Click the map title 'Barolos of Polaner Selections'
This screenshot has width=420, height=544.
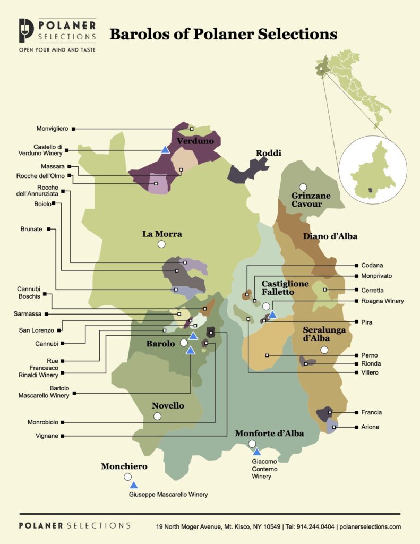click(223, 35)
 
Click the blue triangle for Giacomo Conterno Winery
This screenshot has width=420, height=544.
click(256, 452)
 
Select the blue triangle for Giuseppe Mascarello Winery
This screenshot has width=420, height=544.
click(134, 485)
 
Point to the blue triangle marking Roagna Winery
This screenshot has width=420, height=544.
click(272, 314)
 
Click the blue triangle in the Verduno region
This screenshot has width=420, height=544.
click(165, 150)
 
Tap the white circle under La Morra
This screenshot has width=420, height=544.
click(161, 244)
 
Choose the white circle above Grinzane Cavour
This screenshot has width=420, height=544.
click(303, 187)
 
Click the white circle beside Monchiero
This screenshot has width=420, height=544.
click(127, 477)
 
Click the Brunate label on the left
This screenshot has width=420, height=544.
click(32, 229)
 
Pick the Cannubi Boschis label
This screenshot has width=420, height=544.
click(29, 293)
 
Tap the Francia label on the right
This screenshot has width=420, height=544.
click(371, 412)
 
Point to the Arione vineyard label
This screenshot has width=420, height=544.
click(370, 427)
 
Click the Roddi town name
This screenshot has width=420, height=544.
click(268, 154)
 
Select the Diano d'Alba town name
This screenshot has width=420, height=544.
click(330, 236)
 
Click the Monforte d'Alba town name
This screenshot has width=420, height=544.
click(269, 433)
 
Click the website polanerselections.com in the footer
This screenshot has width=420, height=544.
click(371, 526)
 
